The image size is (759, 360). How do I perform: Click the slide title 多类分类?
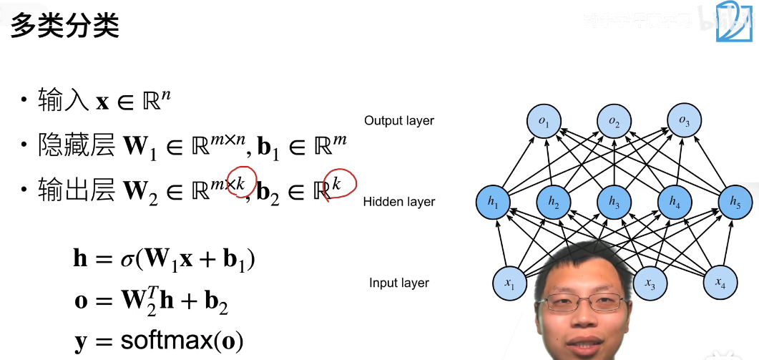[64, 26]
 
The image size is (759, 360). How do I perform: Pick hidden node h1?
[493, 203]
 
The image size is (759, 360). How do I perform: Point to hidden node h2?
[554, 203]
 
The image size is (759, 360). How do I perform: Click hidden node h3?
[614, 203]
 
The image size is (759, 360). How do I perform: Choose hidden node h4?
[675, 203]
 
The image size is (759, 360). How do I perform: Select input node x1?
[509, 283]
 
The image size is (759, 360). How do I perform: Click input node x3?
[650, 283]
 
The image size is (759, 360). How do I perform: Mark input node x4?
[720, 283]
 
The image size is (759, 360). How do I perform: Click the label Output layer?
[399, 121]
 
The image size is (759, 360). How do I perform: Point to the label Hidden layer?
[399, 202]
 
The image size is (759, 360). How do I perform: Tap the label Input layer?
[399, 283]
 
